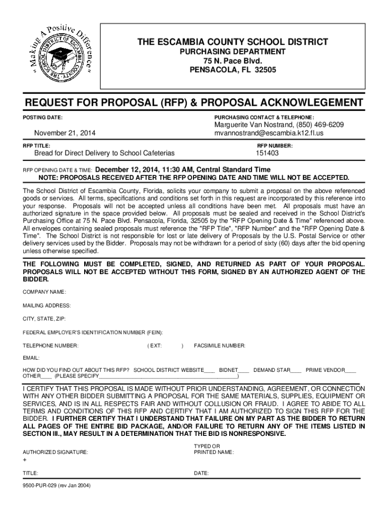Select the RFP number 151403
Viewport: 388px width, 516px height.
tap(267, 153)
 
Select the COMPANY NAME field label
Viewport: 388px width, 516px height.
tap(44, 292)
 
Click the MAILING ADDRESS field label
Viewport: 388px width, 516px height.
tap(46, 306)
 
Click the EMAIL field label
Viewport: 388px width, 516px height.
tap(31, 358)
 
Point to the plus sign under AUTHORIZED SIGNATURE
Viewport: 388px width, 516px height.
tap(25, 461)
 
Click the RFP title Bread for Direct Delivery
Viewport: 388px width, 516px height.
tap(104, 153)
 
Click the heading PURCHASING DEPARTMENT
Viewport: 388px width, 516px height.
tap(233, 52)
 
